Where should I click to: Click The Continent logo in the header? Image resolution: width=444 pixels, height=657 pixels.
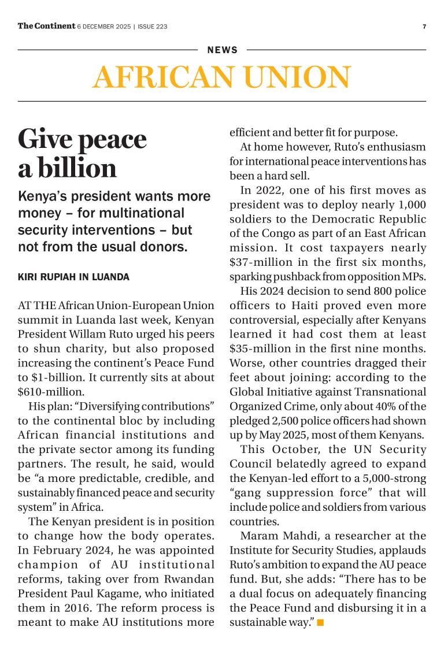[46, 26]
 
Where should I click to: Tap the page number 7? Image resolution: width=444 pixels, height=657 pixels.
[424, 27]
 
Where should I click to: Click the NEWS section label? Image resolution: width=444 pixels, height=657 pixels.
[223, 50]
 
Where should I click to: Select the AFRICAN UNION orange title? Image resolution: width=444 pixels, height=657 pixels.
[221, 77]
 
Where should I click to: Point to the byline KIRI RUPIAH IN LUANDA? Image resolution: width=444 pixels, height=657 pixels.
[73, 277]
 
